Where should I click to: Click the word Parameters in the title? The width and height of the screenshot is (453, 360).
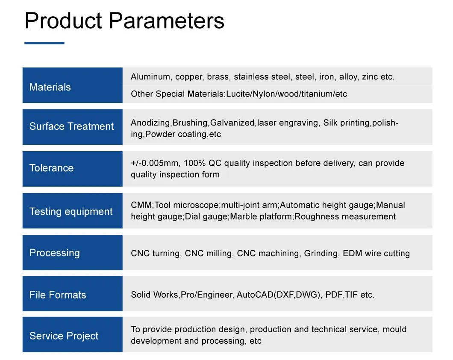point(167,20)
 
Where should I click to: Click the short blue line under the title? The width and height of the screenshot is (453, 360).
point(44,43)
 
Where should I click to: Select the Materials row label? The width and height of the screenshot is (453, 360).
point(50,87)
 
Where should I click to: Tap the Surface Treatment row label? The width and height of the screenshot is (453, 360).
point(71,126)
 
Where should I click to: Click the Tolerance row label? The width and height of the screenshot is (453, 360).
point(51,168)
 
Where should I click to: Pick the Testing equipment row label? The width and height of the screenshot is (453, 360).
point(71,211)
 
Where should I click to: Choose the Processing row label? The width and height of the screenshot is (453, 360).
point(54,252)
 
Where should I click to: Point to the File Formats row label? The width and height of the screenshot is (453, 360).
point(58,295)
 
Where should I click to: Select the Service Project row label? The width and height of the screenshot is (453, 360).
point(64,336)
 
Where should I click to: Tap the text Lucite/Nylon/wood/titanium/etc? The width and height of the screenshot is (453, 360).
point(286,94)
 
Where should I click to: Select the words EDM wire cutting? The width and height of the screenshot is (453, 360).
point(376,253)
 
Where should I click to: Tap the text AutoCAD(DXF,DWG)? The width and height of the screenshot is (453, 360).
point(279,295)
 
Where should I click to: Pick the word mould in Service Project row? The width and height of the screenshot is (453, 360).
point(394,329)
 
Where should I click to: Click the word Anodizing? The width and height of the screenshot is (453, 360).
point(151,123)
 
